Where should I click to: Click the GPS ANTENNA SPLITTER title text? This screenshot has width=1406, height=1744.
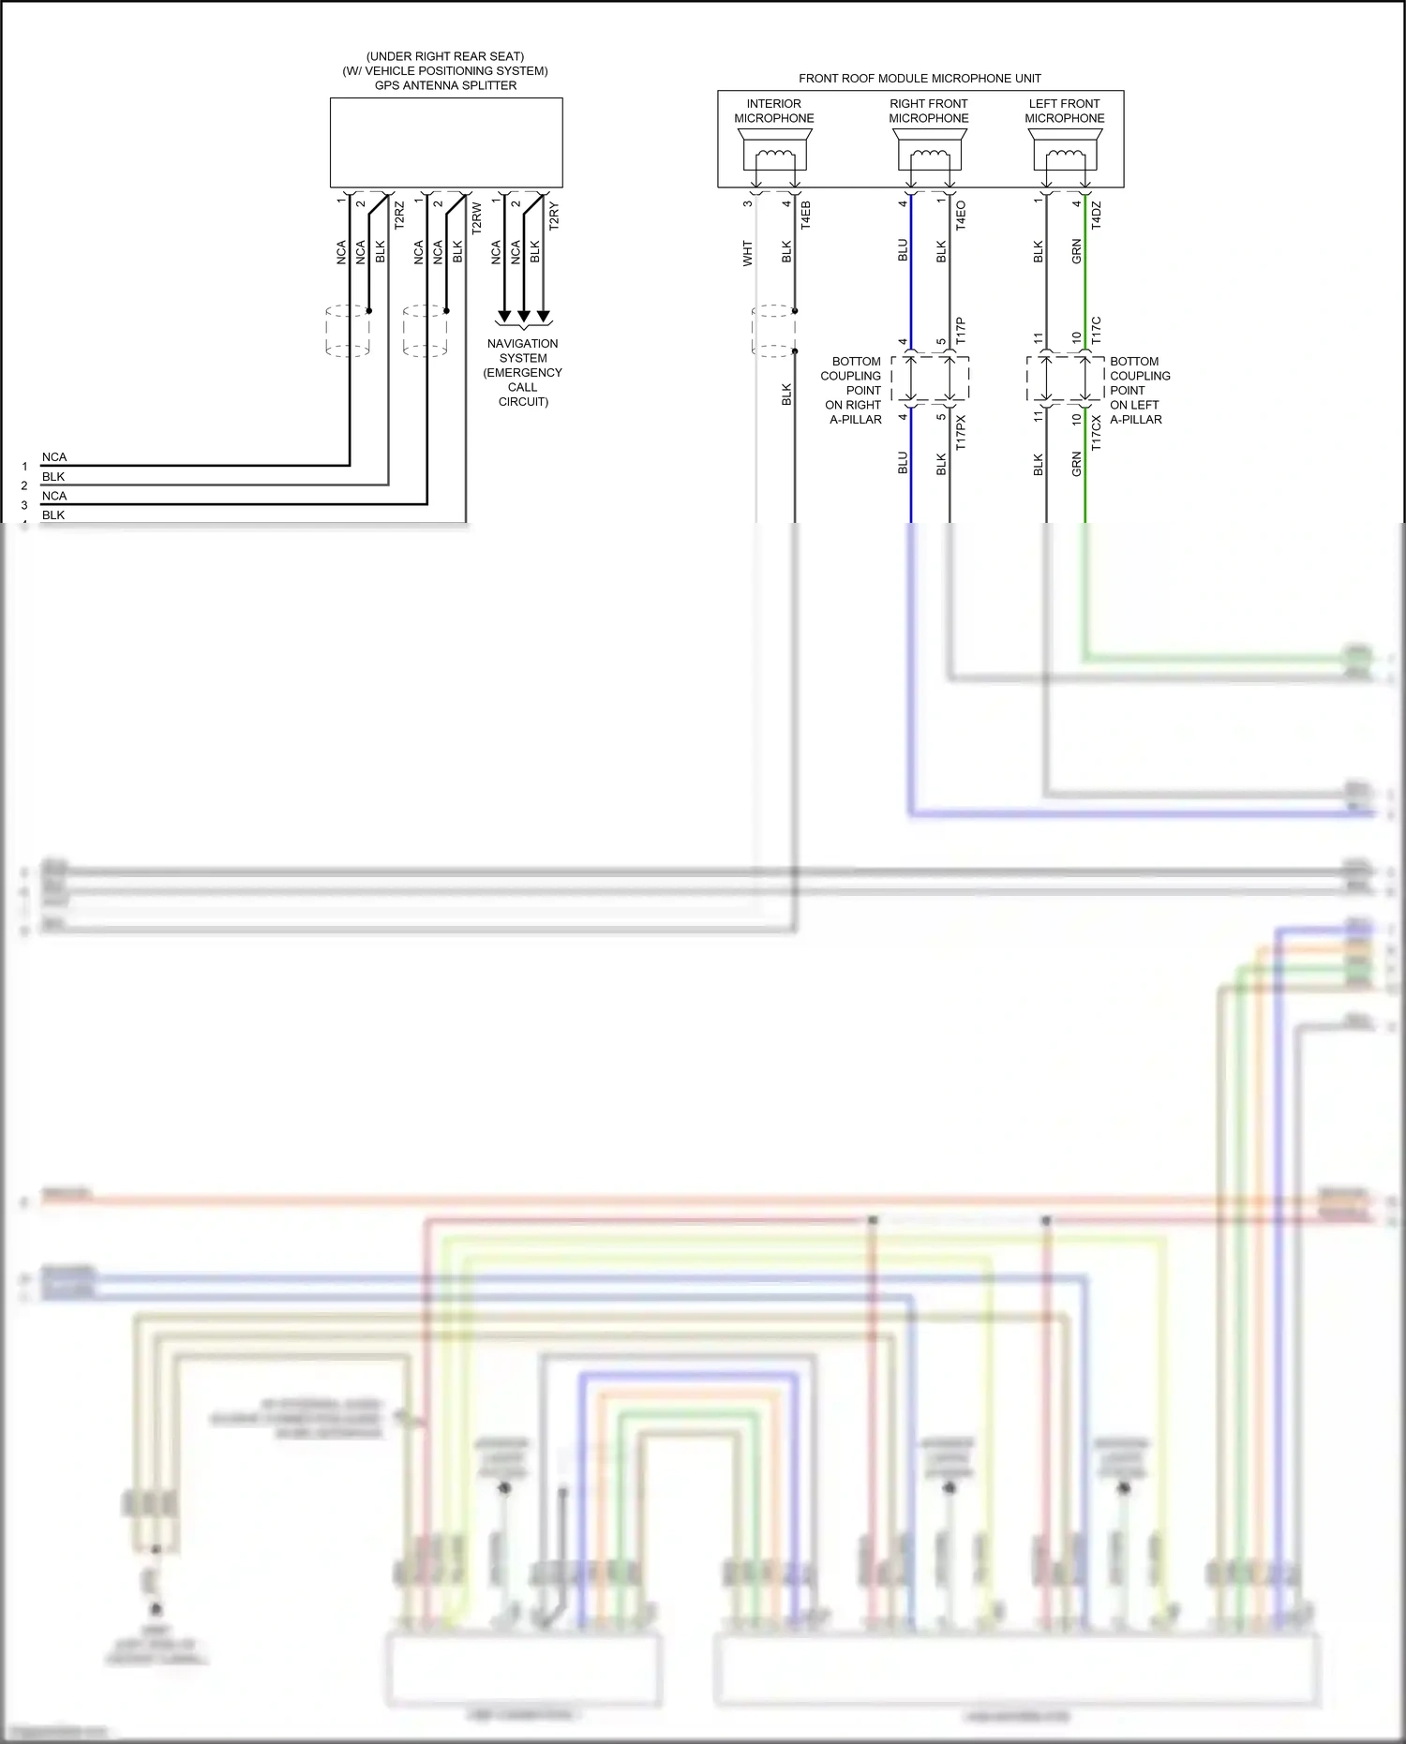[x=445, y=85]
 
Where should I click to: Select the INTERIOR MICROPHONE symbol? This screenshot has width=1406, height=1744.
[x=774, y=152]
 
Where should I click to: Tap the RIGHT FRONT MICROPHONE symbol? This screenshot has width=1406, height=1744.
[x=929, y=152]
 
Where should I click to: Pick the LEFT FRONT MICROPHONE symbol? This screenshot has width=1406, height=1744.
[x=1065, y=152]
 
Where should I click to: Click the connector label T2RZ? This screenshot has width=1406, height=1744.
[x=399, y=216]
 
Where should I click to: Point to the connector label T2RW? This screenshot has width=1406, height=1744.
[x=477, y=217]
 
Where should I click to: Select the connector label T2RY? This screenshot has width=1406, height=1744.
[x=554, y=216]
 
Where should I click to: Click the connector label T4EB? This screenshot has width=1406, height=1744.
[x=806, y=216]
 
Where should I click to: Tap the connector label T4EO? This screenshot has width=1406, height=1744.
[x=961, y=216]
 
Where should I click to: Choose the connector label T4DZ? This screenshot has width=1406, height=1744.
[x=1097, y=216]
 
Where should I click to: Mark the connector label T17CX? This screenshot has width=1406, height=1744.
[x=1097, y=433]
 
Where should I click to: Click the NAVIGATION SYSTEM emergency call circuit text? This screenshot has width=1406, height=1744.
[x=522, y=372]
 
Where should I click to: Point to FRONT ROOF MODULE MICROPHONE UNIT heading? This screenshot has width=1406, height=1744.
[x=920, y=79]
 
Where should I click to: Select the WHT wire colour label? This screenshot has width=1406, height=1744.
[x=748, y=253]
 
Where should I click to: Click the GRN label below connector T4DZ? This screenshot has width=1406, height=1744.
[x=1077, y=251]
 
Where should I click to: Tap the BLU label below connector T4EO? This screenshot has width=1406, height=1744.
[x=903, y=250]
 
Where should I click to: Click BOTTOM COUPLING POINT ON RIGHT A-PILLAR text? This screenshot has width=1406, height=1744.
[x=853, y=390]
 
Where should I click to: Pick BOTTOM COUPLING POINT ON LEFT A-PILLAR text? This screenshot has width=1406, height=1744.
[x=1139, y=390]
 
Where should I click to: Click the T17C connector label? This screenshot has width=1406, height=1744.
[x=1097, y=331]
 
